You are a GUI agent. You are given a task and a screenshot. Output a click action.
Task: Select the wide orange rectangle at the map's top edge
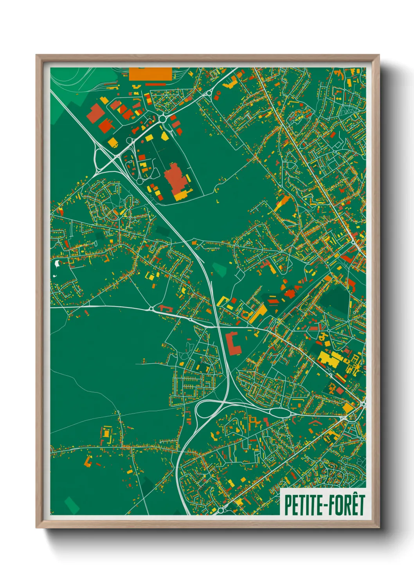click(150, 74)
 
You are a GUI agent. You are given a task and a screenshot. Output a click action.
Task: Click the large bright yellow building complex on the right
click(329, 359)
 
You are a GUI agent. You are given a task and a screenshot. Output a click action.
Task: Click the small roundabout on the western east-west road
click(151, 309)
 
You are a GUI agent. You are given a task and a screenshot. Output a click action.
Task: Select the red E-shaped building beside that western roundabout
click(165, 309)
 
